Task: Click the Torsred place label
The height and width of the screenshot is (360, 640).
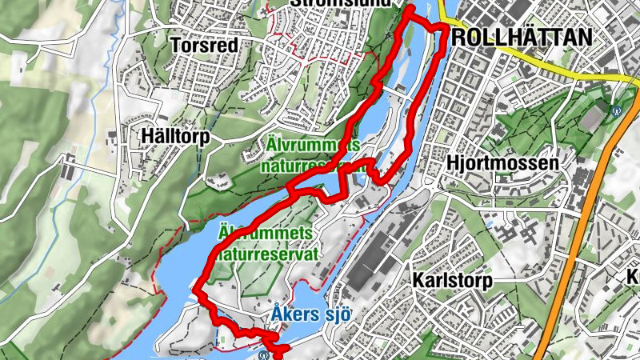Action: pos(205,46)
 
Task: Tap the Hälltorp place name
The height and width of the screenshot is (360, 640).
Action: pos(175,136)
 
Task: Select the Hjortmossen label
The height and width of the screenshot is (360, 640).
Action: pos(503,162)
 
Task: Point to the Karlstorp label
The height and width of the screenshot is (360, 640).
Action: pos(452,281)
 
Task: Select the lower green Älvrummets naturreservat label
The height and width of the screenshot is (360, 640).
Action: pos(267,242)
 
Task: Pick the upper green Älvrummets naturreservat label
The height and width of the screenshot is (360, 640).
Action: pos(313,155)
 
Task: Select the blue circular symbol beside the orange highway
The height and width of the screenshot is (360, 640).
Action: pos(616,111)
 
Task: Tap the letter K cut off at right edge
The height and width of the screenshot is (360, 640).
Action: pos(633,277)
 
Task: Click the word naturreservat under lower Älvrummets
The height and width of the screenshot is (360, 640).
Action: pos(267,254)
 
